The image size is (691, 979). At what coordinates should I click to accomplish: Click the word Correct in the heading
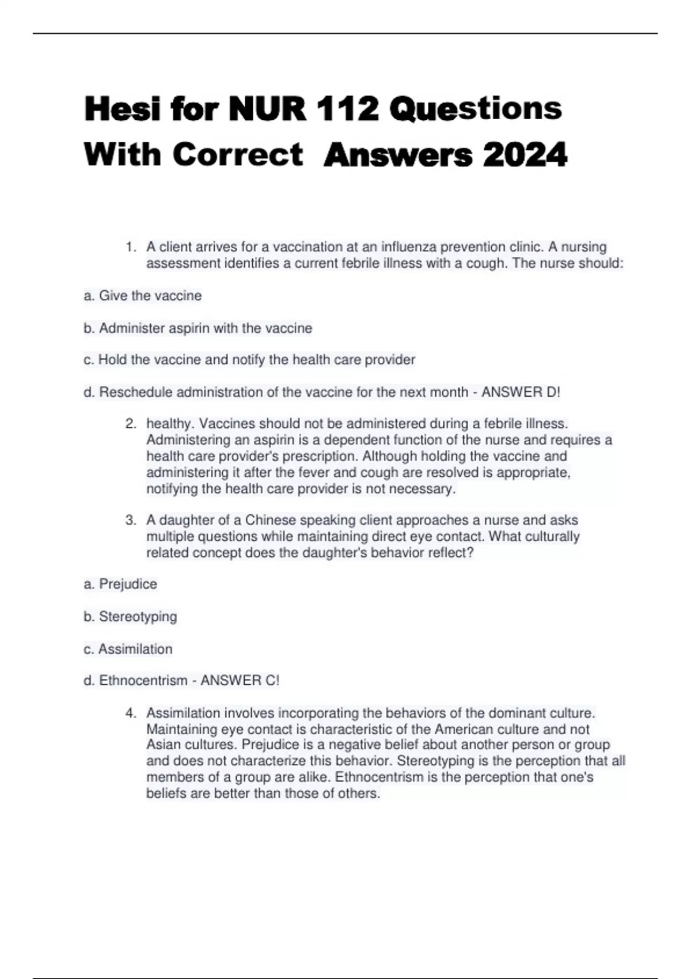tap(237, 155)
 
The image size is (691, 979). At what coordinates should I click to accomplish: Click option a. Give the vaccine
tap(143, 296)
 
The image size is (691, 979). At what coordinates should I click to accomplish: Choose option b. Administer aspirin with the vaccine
tap(198, 328)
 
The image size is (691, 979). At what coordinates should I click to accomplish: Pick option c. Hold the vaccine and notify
tap(249, 360)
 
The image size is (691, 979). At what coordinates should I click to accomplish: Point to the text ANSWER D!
tap(521, 392)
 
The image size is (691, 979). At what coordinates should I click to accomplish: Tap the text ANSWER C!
tap(240, 681)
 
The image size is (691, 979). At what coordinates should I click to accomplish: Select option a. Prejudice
tap(120, 584)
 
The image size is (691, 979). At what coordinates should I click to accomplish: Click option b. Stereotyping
tap(130, 617)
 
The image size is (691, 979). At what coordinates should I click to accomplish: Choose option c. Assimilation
tap(128, 649)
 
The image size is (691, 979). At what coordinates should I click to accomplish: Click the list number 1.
tap(131, 247)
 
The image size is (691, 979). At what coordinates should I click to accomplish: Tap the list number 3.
tap(131, 520)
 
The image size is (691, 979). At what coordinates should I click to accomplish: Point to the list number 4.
tap(131, 713)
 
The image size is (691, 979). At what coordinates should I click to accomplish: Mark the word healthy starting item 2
tap(170, 424)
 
